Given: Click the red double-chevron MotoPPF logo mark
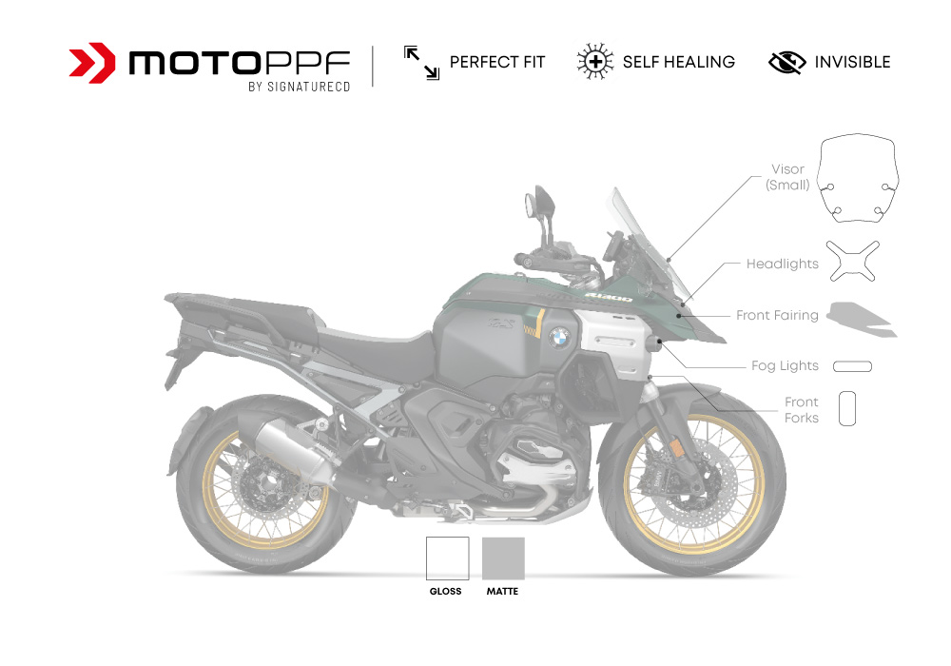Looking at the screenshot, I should (92, 63).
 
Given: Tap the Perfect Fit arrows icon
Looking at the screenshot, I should (421, 63).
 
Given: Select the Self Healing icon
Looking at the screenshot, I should (594, 63).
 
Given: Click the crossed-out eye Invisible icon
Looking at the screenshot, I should (786, 63).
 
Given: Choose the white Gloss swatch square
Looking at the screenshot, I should (447, 558).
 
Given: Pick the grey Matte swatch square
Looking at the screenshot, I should (504, 558).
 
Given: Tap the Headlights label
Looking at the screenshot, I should (782, 264).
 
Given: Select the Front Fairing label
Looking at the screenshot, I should (777, 315).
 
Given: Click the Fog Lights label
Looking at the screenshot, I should (785, 365).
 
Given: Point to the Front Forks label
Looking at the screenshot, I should (801, 410).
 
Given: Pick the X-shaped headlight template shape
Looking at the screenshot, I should (851, 261).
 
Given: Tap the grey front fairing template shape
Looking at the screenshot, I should (861, 319).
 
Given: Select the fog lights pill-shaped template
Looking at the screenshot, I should (852, 366).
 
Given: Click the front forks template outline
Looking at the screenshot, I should (847, 408).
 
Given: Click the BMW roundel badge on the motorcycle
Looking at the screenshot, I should (560, 335).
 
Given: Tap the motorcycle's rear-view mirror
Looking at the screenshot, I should (539, 203).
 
